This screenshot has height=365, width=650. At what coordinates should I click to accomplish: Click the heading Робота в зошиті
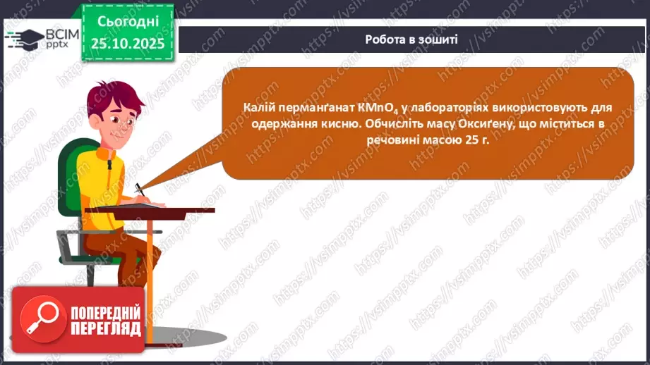click(x=411, y=39)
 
